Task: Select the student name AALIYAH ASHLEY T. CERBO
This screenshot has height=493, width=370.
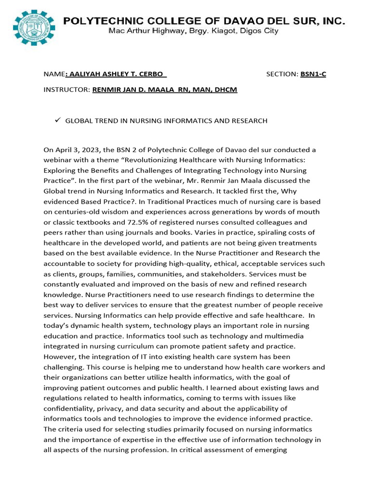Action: [x=117, y=74]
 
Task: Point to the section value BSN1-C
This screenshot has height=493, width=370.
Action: [x=313, y=74]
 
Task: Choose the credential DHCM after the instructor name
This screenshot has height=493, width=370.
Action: [x=226, y=90]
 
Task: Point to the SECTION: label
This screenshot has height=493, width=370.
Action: [x=282, y=74]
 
